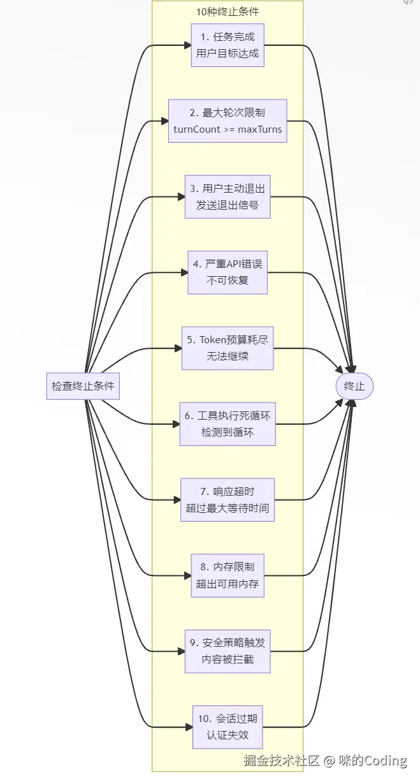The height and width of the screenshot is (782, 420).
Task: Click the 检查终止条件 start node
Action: point(83,386)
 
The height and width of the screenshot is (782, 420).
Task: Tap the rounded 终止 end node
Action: point(354,386)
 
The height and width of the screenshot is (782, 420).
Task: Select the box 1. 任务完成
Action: point(228,45)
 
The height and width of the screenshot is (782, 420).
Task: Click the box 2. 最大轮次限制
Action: point(228,121)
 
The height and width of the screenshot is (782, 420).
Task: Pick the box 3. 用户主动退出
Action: point(228,196)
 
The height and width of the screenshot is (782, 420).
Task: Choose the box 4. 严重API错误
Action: point(228,272)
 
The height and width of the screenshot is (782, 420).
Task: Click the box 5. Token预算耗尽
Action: point(228,348)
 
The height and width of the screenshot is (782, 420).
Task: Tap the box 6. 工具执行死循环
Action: point(228,424)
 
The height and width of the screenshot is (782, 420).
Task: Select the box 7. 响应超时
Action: point(228,499)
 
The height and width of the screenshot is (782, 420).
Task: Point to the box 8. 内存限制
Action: point(228,575)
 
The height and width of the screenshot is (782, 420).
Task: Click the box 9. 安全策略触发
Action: point(228,651)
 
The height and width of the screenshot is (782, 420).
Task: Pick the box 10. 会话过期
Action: point(228,727)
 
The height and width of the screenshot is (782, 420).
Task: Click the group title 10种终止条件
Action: point(228,11)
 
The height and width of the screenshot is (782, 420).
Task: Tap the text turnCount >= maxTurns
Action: point(228,129)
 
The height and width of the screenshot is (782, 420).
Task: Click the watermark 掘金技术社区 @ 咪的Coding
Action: point(325,760)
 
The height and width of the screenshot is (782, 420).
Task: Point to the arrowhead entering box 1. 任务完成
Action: point(187,45)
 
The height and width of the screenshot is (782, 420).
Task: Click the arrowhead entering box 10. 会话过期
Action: point(189,727)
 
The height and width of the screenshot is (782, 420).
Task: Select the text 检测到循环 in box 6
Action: point(228,432)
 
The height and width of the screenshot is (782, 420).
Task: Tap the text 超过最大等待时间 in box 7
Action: point(228,508)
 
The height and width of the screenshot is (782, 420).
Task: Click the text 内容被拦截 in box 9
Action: point(228,660)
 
